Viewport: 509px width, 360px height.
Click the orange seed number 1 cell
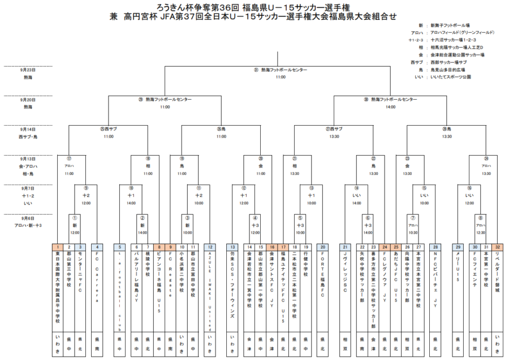click(x=58, y=247)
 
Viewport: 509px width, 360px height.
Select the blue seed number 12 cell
click(x=210, y=247)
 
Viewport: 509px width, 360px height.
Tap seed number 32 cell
click(x=497, y=247)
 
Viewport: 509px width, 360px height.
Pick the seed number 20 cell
click(x=322, y=247)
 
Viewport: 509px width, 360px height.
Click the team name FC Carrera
click(x=97, y=283)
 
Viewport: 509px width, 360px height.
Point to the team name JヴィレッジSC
click(x=345, y=277)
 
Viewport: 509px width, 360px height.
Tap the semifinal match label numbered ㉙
click(x=165, y=100)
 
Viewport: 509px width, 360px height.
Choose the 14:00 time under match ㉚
click(x=391, y=106)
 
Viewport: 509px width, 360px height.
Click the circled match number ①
click(x=74, y=217)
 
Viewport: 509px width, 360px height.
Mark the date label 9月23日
click(x=28, y=70)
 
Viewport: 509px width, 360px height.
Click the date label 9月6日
click(x=28, y=218)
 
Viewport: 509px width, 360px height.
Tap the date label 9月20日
click(x=28, y=100)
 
